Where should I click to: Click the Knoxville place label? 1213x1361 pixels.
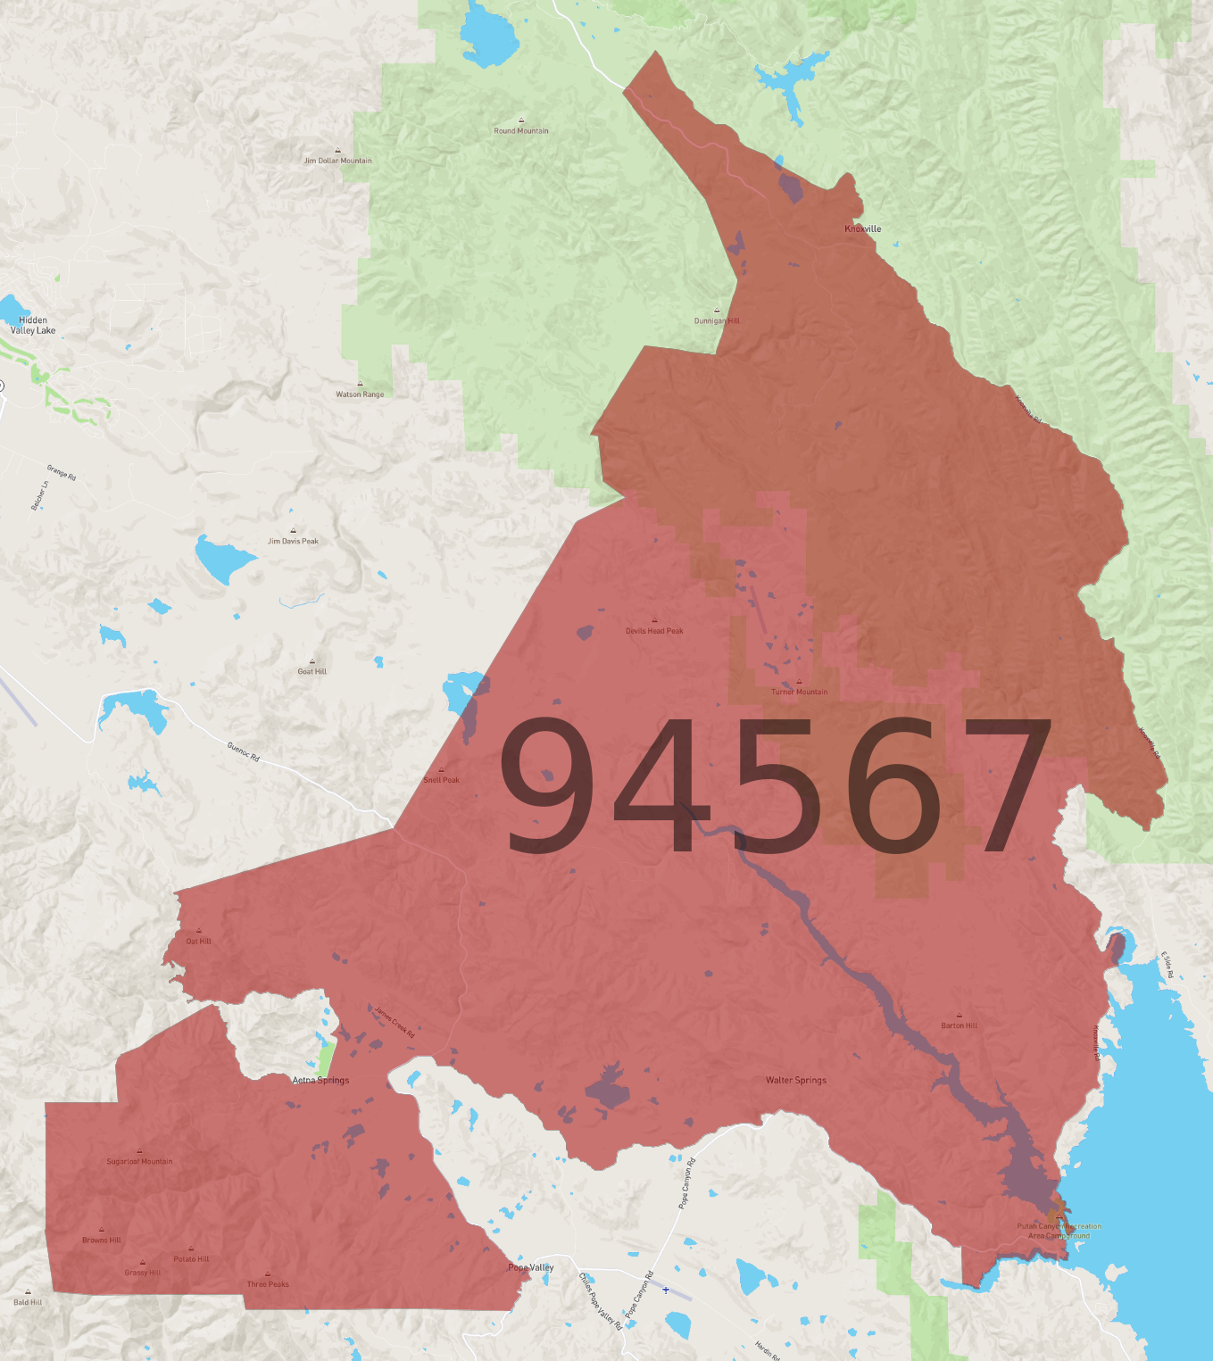pyautogui.click(x=862, y=229)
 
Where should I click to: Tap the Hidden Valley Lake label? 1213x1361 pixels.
pyautogui.click(x=33, y=326)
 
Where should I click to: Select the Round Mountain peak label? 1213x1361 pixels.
pyautogui.click(x=521, y=130)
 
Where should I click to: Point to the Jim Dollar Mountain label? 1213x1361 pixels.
pyautogui.click(x=337, y=161)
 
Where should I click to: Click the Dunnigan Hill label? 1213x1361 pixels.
pyautogui.click(x=717, y=320)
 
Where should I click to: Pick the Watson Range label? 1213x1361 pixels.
pyautogui.click(x=360, y=394)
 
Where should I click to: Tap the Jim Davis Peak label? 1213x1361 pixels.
pyautogui.click(x=293, y=541)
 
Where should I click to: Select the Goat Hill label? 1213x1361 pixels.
pyautogui.click(x=312, y=671)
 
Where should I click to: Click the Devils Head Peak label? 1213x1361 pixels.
pyautogui.click(x=654, y=631)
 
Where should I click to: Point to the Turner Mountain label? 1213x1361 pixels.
pyautogui.click(x=799, y=692)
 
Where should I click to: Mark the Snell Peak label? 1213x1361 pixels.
pyautogui.click(x=441, y=780)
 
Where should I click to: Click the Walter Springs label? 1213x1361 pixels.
pyautogui.click(x=796, y=1080)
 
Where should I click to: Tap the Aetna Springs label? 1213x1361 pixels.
pyautogui.click(x=321, y=1080)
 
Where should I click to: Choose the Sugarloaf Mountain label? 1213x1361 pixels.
pyautogui.click(x=139, y=1161)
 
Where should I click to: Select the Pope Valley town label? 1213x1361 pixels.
pyautogui.click(x=531, y=1267)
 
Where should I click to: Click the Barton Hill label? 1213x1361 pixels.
pyautogui.click(x=960, y=1025)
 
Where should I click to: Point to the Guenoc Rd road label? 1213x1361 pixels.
pyautogui.click(x=243, y=751)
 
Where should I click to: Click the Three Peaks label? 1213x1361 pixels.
pyautogui.click(x=268, y=1284)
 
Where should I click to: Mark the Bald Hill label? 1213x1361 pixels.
pyautogui.click(x=28, y=1302)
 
